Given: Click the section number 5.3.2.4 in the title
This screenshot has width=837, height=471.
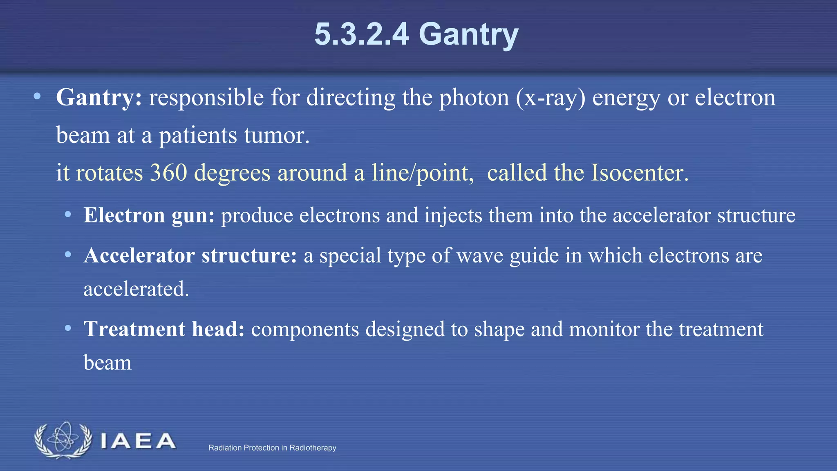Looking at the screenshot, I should click(361, 34).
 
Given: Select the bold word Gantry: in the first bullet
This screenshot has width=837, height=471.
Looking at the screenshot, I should click(99, 98).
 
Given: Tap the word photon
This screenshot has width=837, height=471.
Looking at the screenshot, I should click(474, 98).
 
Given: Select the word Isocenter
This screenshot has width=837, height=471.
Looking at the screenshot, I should click(640, 173).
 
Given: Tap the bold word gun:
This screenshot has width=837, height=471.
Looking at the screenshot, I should click(193, 216).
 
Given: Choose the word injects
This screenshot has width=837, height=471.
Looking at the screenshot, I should click(453, 215).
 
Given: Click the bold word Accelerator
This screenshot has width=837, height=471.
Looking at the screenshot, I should click(139, 256).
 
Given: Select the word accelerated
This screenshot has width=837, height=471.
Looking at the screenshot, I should click(136, 289).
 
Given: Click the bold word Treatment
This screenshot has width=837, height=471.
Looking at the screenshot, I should click(134, 329).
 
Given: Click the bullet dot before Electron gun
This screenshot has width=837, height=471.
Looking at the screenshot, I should click(68, 215).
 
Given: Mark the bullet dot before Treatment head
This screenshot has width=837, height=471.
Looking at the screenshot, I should click(68, 328).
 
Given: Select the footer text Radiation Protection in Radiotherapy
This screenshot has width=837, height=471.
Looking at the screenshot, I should click(272, 448).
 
